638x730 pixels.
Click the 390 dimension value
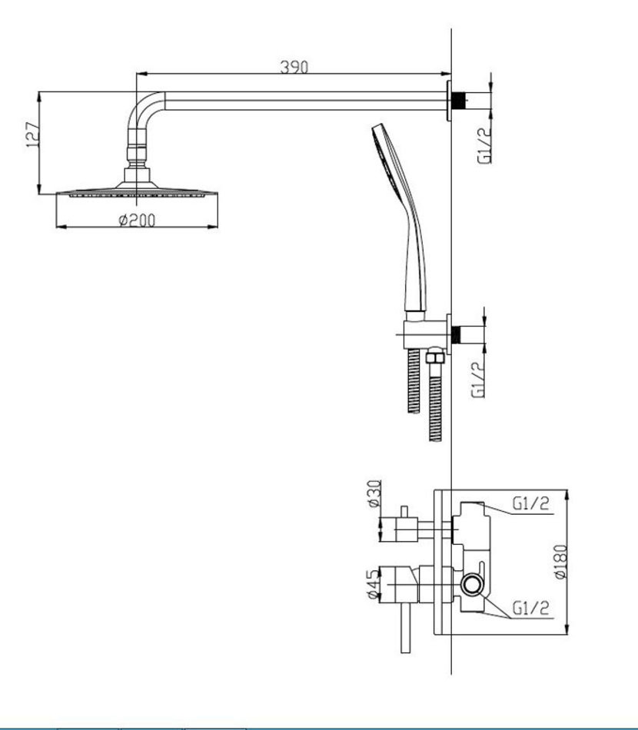[x=294, y=67]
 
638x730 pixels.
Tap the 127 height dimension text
[x=32, y=135]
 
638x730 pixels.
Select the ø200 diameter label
[x=137, y=220]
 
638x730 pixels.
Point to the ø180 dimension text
[x=560, y=562]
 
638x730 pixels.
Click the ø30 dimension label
[x=374, y=493]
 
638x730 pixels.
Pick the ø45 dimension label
[x=374, y=585]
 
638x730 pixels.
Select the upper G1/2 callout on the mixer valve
[x=530, y=503]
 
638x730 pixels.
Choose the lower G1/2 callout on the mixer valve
[x=530, y=608]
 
